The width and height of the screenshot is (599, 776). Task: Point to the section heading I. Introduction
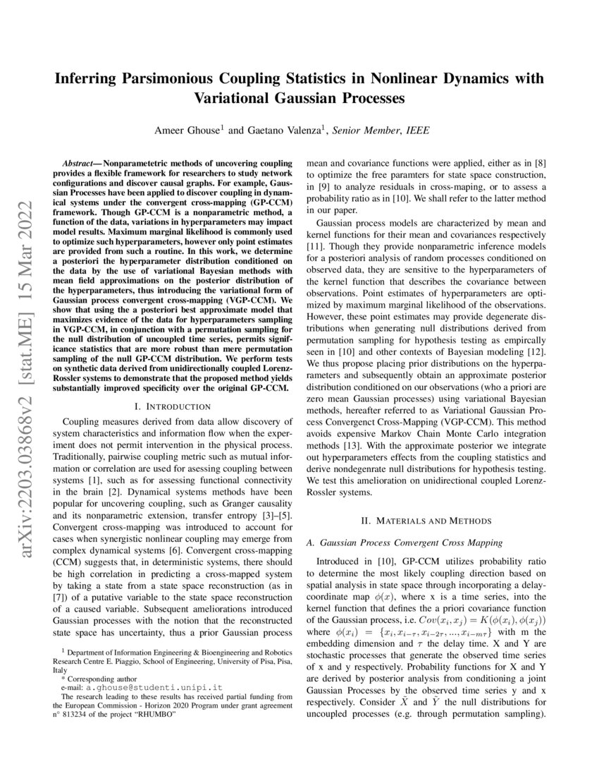pos(172,406)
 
